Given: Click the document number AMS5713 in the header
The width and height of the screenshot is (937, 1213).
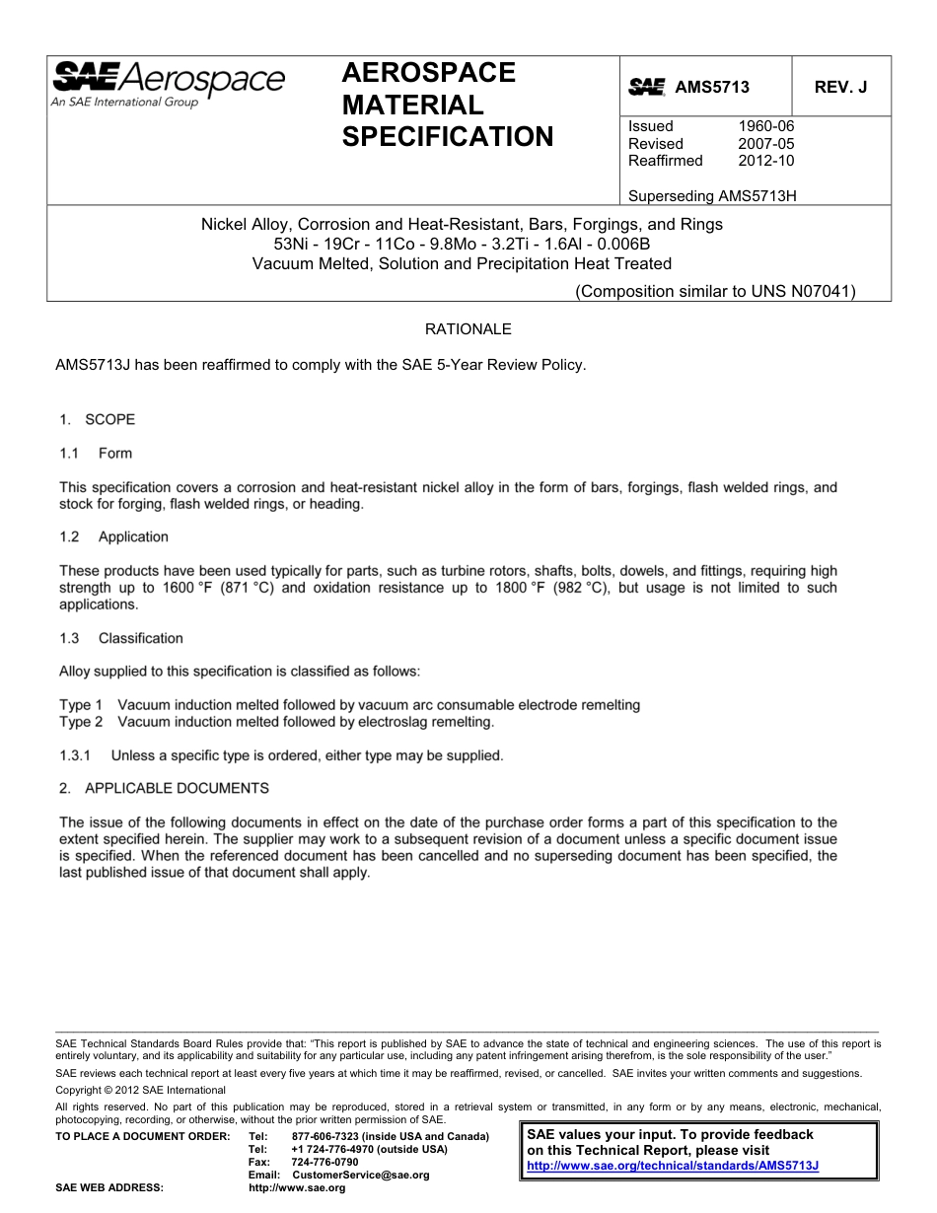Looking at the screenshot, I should [x=711, y=87].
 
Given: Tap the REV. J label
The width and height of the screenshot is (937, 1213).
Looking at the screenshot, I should [x=840, y=87].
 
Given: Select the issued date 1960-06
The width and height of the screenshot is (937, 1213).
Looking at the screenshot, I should [x=765, y=126].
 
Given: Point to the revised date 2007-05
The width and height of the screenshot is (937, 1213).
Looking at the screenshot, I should [x=765, y=144].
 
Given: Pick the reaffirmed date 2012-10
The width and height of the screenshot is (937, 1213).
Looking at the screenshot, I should [x=765, y=161].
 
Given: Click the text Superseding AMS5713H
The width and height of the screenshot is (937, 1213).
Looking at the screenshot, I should [x=712, y=195].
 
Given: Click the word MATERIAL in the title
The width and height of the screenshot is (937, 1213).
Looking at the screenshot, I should [x=412, y=105].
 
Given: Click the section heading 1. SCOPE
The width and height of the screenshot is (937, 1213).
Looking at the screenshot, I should [x=97, y=419].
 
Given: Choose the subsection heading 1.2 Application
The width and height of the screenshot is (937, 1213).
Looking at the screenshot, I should [x=113, y=536].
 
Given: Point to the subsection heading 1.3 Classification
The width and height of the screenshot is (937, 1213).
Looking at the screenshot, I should [x=120, y=638].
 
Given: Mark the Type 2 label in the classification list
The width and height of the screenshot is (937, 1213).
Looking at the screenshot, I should [x=81, y=722].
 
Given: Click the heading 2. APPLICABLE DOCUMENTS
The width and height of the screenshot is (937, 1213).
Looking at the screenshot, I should [x=163, y=788].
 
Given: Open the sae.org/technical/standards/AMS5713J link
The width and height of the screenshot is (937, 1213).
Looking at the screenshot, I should [x=674, y=1165].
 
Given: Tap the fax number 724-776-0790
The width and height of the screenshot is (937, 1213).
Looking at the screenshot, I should [x=325, y=1163].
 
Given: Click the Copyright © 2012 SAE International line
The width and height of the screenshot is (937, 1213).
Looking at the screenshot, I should [x=141, y=1090].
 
